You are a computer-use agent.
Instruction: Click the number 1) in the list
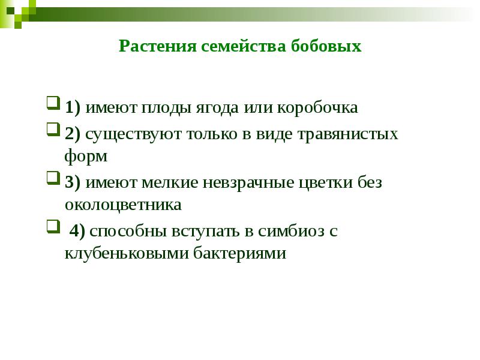coord(73,108)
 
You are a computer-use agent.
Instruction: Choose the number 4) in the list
coord(78,231)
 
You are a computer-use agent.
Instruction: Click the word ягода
coord(217,108)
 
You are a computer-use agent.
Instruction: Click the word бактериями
coord(240,254)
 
